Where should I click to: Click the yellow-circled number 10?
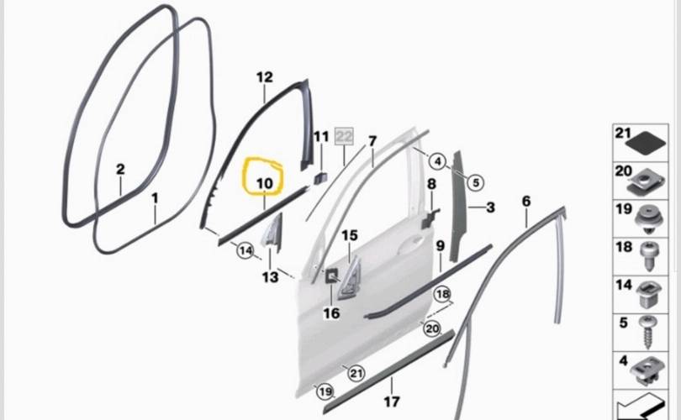(x=265, y=183)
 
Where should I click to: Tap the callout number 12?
(x=265, y=77)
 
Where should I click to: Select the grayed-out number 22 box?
(x=344, y=137)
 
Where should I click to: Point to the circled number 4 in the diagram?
(x=437, y=162)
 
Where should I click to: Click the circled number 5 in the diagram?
(x=476, y=182)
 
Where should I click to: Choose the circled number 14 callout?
(x=245, y=250)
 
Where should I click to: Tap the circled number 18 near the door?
(x=442, y=294)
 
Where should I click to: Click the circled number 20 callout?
(x=431, y=328)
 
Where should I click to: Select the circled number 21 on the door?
(x=356, y=373)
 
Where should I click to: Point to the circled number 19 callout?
(x=325, y=392)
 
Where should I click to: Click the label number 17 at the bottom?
(x=391, y=402)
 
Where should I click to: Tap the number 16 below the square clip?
(x=331, y=312)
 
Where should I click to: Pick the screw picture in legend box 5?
(x=647, y=332)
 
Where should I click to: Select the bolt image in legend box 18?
(x=650, y=255)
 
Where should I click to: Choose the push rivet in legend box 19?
(x=648, y=220)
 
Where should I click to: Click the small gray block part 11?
(x=321, y=178)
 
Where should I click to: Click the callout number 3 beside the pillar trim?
(x=490, y=207)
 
